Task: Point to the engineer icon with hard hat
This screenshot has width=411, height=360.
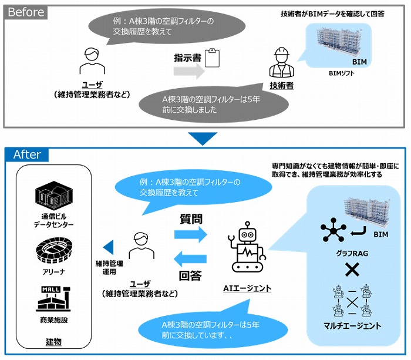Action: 281,63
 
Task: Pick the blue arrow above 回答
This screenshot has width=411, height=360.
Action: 191,260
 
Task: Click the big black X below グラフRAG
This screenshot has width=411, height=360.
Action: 351,270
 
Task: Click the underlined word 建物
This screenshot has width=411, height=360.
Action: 53,342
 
